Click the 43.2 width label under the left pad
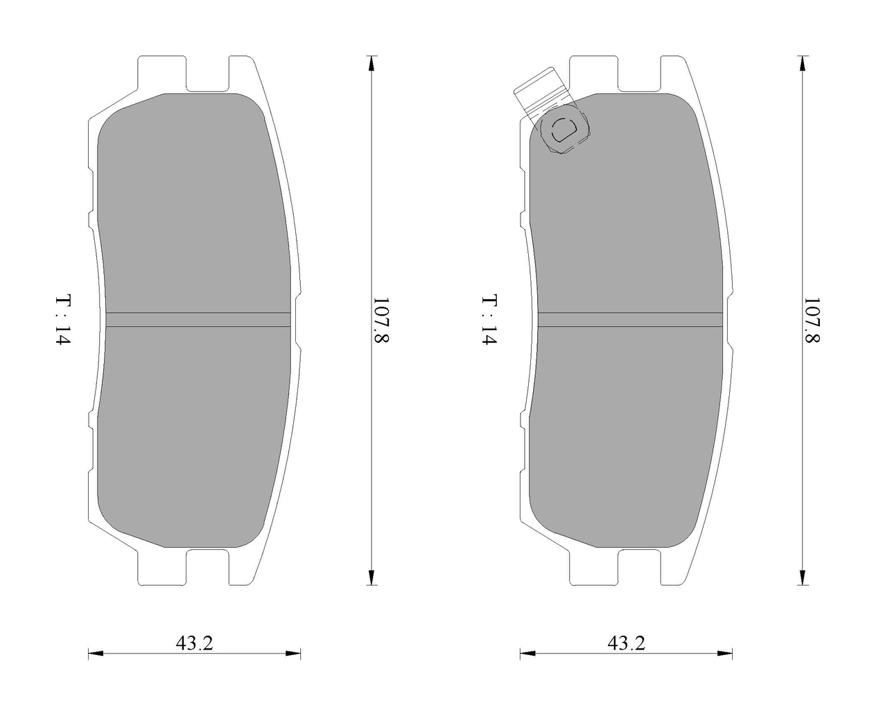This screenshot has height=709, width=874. coord(195,643)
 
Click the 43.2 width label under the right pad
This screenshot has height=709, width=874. coord(626,643)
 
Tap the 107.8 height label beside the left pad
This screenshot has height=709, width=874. coord(381,320)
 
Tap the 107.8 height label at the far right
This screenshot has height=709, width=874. coord(811,320)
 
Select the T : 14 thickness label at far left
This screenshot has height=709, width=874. coord(63,319)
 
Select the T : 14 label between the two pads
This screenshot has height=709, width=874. coord(489,319)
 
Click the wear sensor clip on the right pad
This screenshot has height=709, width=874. coord(552,111)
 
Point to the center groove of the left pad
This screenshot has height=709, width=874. coord(198,320)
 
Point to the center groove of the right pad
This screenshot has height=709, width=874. coord(630,320)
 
